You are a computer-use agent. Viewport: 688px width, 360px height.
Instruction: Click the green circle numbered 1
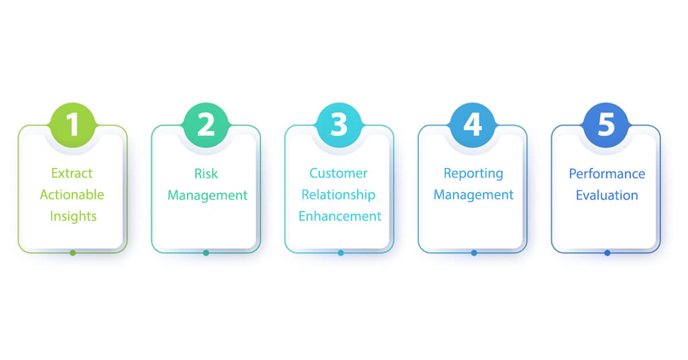click(x=72, y=125)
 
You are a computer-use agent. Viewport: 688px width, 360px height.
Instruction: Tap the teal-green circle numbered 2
click(x=206, y=125)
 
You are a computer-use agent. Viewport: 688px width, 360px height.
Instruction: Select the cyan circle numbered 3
click(x=339, y=125)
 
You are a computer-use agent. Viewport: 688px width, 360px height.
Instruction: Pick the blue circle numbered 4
click(x=472, y=125)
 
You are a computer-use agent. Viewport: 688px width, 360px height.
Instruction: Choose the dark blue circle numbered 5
click(x=606, y=125)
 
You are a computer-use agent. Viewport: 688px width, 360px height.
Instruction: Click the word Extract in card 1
click(x=72, y=173)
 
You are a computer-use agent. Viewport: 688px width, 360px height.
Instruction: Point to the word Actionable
click(x=72, y=195)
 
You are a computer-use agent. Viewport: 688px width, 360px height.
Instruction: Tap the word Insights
click(x=73, y=217)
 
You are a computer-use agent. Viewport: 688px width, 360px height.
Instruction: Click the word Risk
click(x=206, y=173)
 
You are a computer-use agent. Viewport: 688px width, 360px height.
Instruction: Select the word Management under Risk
click(x=208, y=195)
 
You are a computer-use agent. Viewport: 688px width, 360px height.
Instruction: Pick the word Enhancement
click(x=340, y=217)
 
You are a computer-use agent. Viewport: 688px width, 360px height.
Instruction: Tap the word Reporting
click(x=474, y=173)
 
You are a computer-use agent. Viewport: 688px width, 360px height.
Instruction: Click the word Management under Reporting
click(x=474, y=195)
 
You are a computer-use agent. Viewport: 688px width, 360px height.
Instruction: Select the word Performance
click(x=607, y=174)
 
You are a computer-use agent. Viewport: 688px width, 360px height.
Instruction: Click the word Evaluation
click(x=607, y=195)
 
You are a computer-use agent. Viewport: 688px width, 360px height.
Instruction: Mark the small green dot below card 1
click(x=73, y=253)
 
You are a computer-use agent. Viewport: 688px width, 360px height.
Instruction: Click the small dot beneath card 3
click(x=341, y=253)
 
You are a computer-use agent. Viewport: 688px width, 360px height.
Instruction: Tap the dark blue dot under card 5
click(x=607, y=253)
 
